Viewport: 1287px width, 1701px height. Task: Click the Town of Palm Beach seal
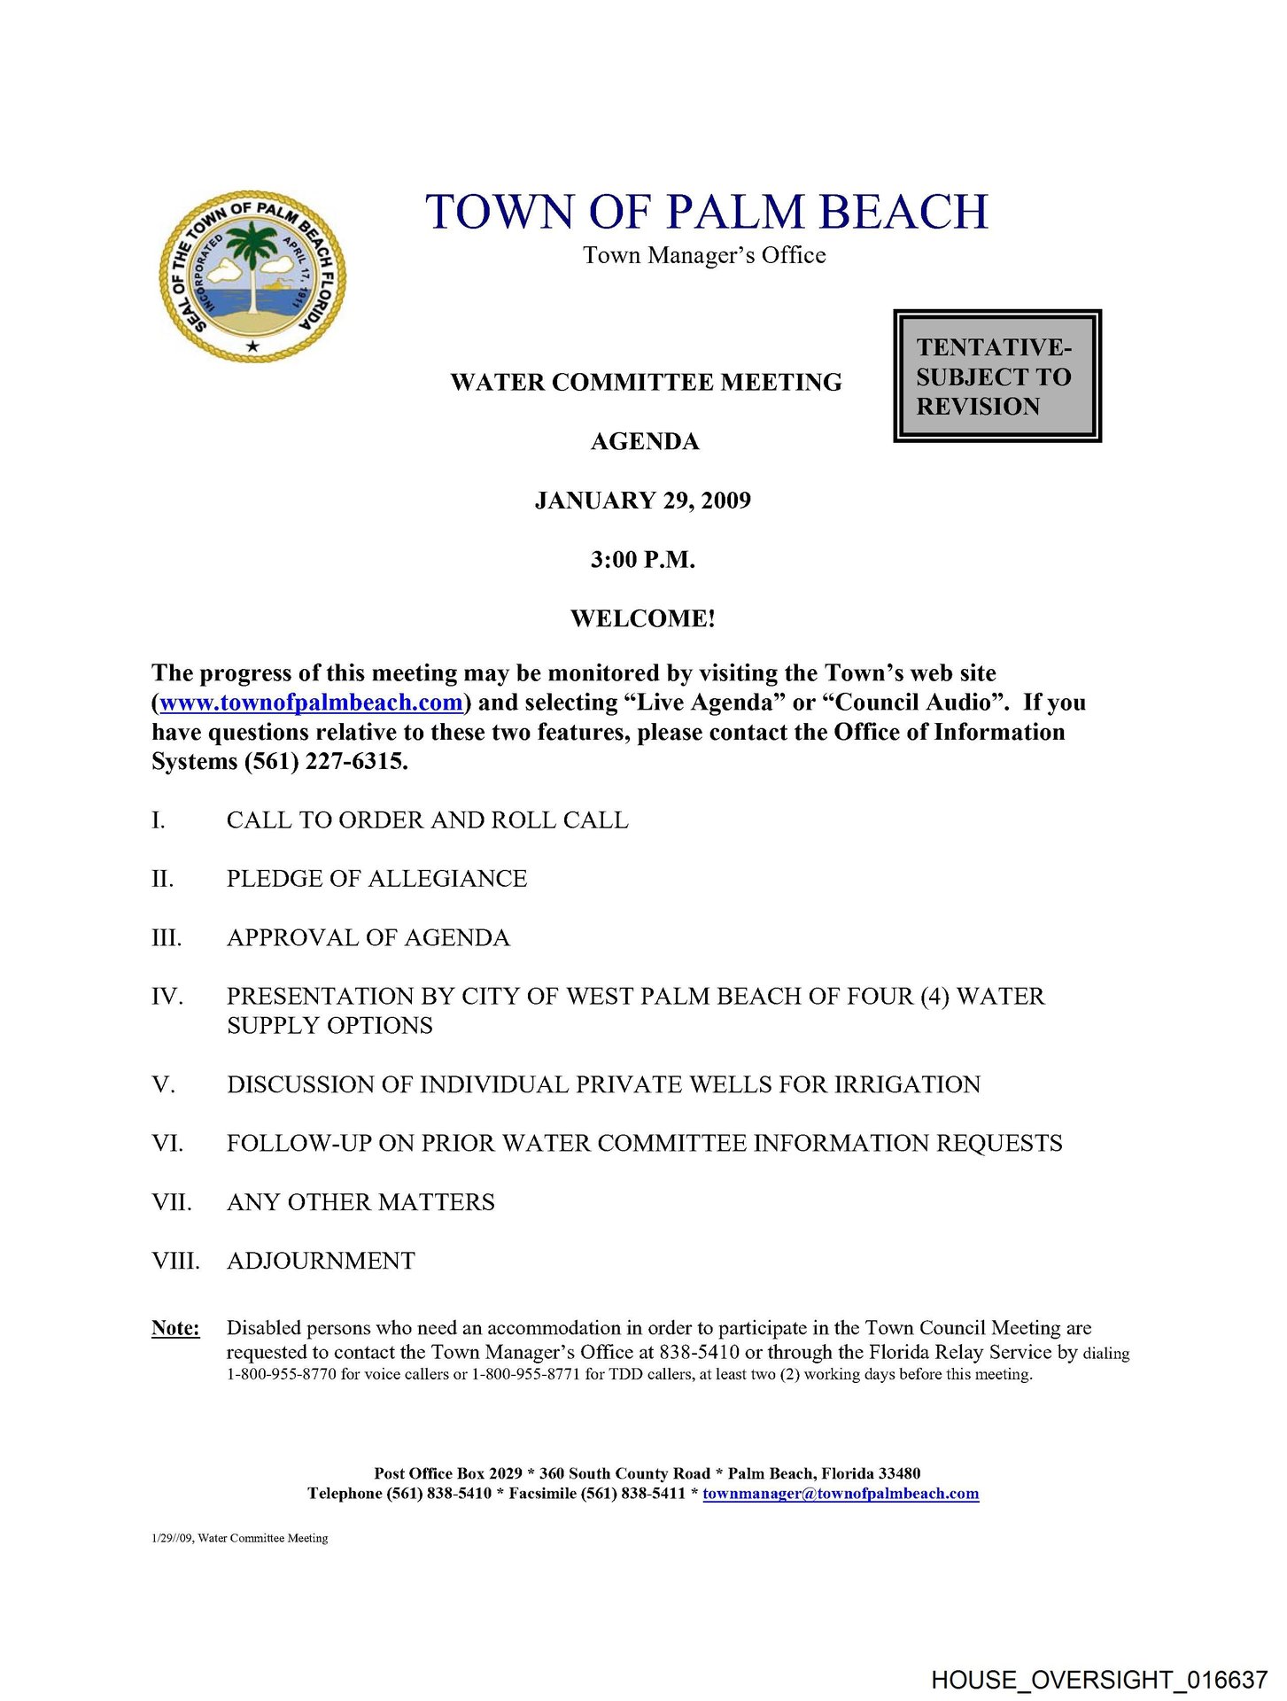pos(252,276)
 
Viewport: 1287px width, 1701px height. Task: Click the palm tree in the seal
pos(254,257)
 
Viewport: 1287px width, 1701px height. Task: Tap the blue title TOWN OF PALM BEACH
pos(706,213)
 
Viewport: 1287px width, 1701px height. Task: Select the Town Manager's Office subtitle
pos(704,256)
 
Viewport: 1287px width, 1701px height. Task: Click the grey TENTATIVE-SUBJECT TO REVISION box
pos(996,376)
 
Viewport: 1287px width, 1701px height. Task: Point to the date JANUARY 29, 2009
pos(643,501)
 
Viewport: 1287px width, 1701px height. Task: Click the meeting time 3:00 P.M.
pos(643,560)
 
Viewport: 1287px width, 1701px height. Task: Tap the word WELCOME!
pos(643,618)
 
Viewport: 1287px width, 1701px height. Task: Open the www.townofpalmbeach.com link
pos(312,703)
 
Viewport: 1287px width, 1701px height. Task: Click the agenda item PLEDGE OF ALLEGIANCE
pos(376,879)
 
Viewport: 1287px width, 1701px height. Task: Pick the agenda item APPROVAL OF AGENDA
pos(368,938)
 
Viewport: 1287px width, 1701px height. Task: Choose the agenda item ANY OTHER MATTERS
pos(361,1202)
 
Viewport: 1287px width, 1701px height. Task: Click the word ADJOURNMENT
pos(321,1261)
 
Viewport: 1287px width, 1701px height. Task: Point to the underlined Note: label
pos(175,1328)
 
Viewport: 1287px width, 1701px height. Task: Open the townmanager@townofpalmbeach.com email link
pos(841,1494)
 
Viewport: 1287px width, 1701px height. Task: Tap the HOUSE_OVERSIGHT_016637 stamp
pos(1098,1679)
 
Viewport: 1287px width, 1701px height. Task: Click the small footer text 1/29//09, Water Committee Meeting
pos(240,1538)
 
